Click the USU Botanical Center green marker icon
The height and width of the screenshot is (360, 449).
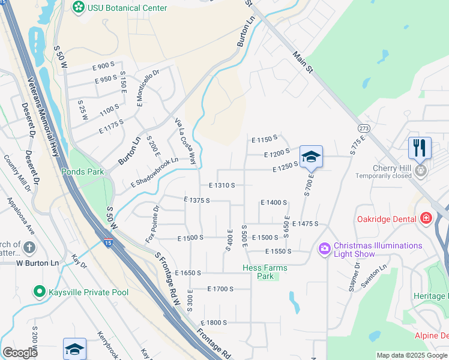pos(78,7)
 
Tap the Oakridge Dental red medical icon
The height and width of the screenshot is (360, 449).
pos(426,218)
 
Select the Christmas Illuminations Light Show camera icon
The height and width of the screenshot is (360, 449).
pos(325,248)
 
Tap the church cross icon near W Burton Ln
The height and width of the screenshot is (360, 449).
pos(28,247)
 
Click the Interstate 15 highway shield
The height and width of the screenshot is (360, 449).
pos(107,243)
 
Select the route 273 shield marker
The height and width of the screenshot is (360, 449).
pos(364,128)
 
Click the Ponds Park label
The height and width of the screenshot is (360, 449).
pos(83,172)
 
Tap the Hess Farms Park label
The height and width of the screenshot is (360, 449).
pos(265,272)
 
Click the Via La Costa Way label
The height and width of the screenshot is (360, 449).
pos(185,141)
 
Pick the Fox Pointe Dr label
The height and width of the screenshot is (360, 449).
pos(151,224)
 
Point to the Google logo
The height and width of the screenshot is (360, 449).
pos(20,352)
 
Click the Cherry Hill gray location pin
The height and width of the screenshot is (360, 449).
pos(421,170)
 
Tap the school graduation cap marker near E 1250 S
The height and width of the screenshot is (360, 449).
pos(311,157)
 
